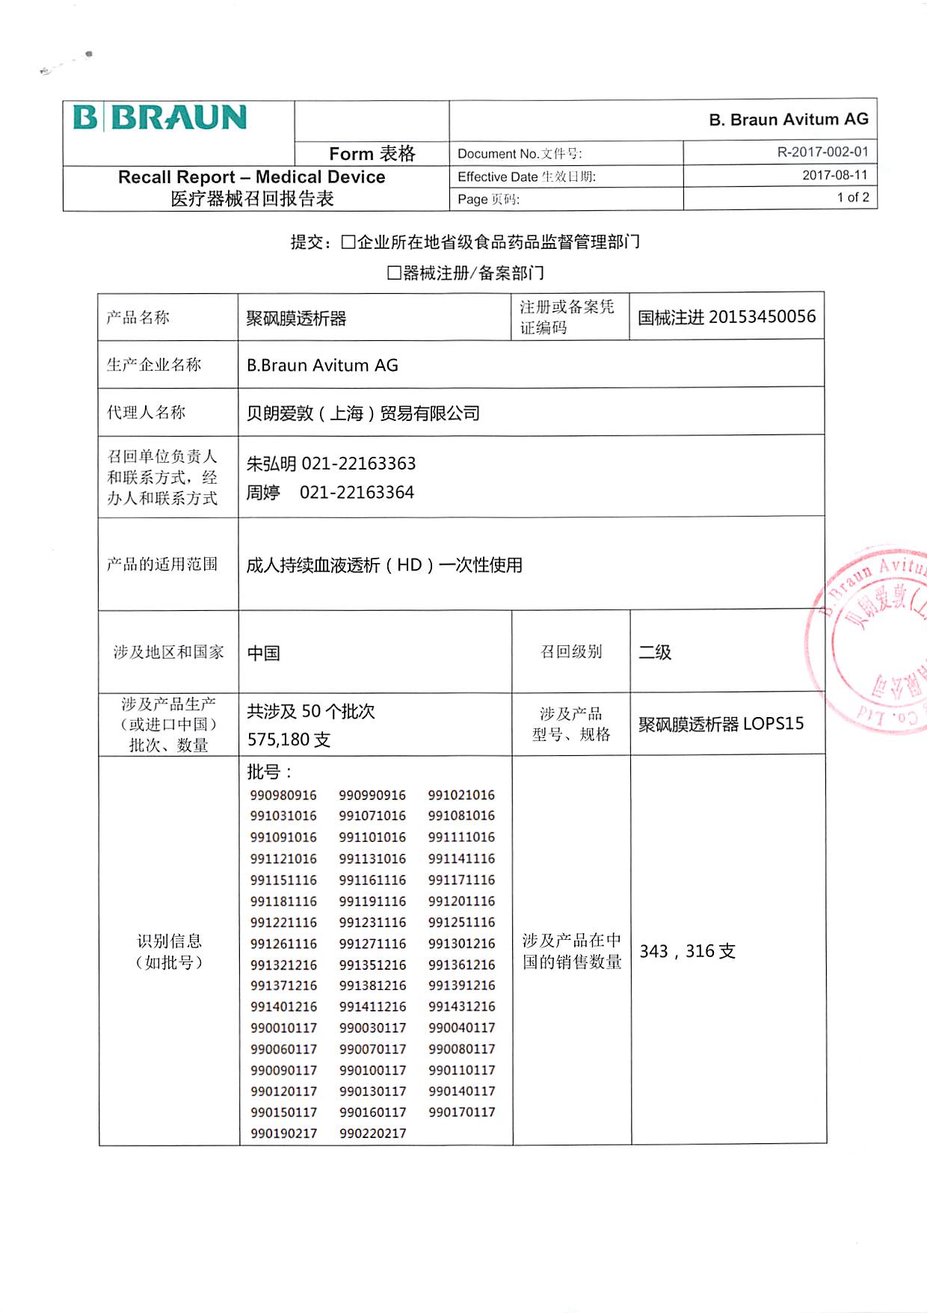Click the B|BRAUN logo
[x=160, y=118]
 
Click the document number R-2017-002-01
[x=822, y=153]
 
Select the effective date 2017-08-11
[x=834, y=176]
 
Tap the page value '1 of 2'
[x=852, y=197]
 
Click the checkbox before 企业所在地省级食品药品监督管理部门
[x=348, y=242]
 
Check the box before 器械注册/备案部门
[x=394, y=273]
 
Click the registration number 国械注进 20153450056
[x=726, y=317]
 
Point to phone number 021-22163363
[x=358, y=464]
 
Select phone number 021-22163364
[x=357, y=493]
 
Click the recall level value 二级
[x=654, y=652]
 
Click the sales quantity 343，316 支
[x=687, y=951]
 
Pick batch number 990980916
[x=283, y=796]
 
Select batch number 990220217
[x=372, y=1134]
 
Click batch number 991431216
[x=461, y=1006]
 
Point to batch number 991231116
[x=372, y=923]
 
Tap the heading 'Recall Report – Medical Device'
[x=252, y=177]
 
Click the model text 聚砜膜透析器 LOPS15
[x=721, y=724]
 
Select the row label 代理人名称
[x=146, y=412]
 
